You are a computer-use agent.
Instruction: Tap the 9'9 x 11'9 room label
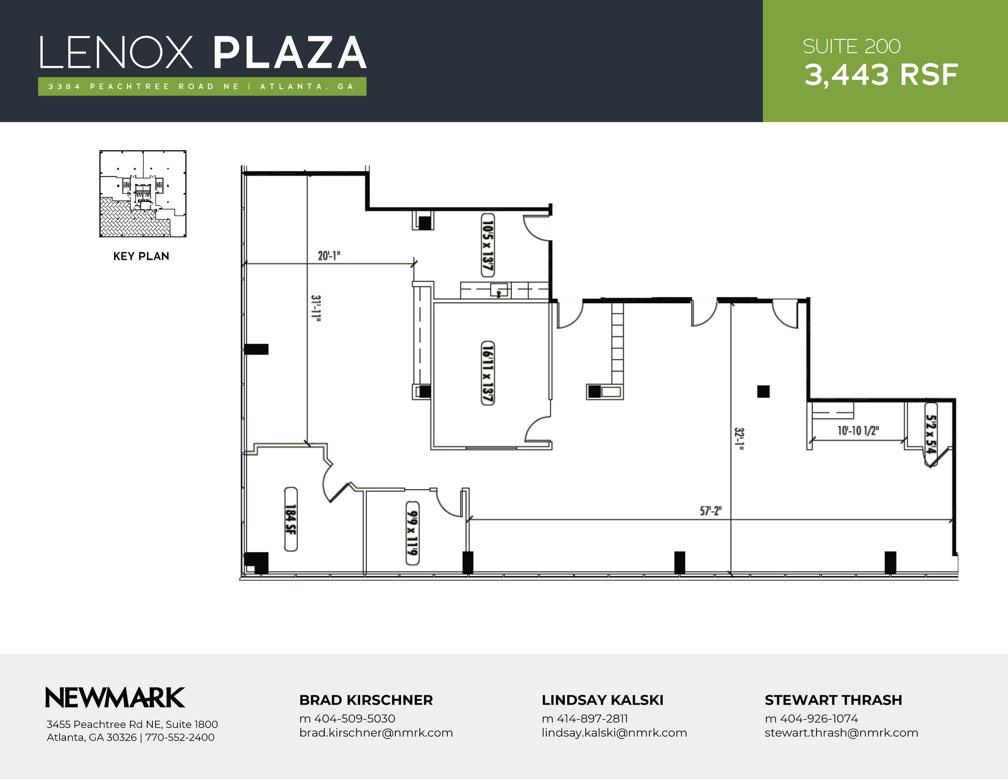tap(412, 533)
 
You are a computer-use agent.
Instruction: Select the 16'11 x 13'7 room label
tap(487, 373)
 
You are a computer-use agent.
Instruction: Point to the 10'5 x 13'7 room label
tap(487, 245)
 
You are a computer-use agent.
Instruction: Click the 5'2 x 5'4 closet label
tap(930, 435)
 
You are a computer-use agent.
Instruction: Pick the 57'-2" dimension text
tap(710, 511)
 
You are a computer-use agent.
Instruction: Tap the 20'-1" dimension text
tap(329, 256)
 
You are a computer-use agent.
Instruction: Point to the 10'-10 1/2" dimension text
tap(858, 431)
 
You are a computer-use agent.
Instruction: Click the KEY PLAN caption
tap(141, 256)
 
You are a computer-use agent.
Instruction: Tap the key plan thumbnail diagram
tap(143, 193)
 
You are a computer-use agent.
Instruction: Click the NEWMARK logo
tap(115, 697)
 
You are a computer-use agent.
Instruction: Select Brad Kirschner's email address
tap(376, 733)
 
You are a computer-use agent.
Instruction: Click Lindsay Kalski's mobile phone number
tap(585, 719)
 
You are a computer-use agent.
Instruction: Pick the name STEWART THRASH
tap(833, 700)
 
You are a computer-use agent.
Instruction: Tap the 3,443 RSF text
tap(881, 75)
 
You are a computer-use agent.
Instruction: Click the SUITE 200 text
tap(851, 47)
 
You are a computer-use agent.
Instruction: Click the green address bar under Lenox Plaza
tap(202, 87)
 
